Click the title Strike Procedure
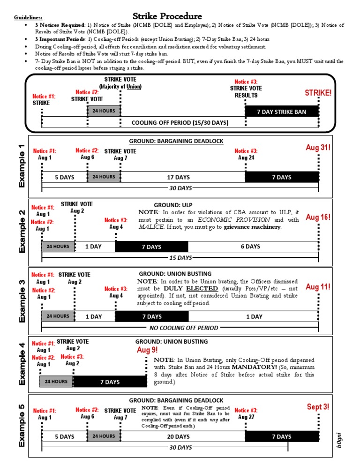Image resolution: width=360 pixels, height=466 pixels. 167,16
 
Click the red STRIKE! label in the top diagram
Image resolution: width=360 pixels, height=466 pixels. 318,93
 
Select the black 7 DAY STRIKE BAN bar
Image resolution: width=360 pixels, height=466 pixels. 281,112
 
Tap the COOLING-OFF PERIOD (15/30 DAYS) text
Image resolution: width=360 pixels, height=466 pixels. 180,122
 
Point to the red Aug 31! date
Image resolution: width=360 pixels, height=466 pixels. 318,148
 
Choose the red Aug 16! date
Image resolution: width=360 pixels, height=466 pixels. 318,217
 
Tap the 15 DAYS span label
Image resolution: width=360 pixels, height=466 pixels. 180,258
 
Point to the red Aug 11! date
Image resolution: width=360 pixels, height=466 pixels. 318,286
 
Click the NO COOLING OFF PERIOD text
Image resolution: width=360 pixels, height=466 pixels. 183,328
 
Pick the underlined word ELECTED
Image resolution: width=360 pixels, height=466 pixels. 198,288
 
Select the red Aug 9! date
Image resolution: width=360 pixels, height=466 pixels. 147,350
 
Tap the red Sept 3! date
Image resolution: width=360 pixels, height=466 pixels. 318,406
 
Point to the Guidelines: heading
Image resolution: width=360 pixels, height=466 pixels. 26,17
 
